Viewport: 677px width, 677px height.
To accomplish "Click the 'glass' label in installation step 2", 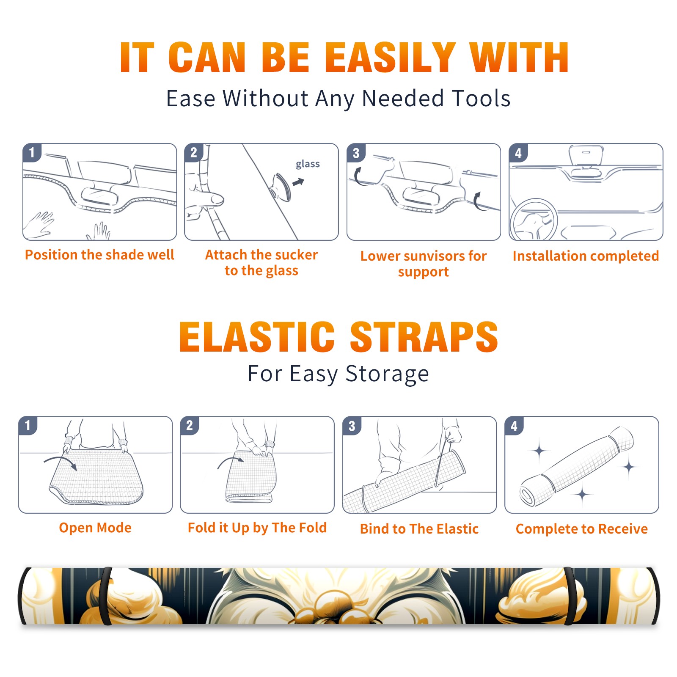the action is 308,164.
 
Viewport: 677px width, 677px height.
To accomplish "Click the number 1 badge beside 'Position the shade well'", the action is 32,152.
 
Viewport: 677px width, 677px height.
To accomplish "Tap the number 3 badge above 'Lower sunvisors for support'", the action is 356,153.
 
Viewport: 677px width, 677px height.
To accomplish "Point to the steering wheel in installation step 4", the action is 534,220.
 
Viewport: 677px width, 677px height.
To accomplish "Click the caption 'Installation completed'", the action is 586,256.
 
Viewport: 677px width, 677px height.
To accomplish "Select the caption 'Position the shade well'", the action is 99,255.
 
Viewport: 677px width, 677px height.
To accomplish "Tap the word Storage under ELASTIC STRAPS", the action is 387,374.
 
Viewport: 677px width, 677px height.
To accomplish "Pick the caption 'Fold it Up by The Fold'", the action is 257,528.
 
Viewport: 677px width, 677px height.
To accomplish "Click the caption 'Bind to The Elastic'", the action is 419,529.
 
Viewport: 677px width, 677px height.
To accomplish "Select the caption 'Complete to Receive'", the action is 582,529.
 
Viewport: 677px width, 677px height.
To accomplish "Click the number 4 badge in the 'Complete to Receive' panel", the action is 514,426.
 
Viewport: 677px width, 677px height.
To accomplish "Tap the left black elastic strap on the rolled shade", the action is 106,596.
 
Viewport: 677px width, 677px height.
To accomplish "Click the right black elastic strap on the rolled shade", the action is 570,596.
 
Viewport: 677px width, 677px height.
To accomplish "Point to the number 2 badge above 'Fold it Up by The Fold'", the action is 190,425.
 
